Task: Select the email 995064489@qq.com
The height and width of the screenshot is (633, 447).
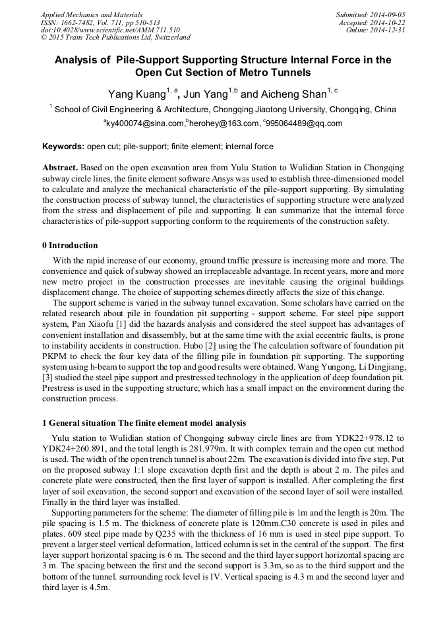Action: (305, 123)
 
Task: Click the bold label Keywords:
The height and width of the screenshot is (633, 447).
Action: (63, 147)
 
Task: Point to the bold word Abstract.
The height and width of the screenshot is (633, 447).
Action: (60, 168)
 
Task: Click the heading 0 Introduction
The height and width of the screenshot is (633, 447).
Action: (70, 246)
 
